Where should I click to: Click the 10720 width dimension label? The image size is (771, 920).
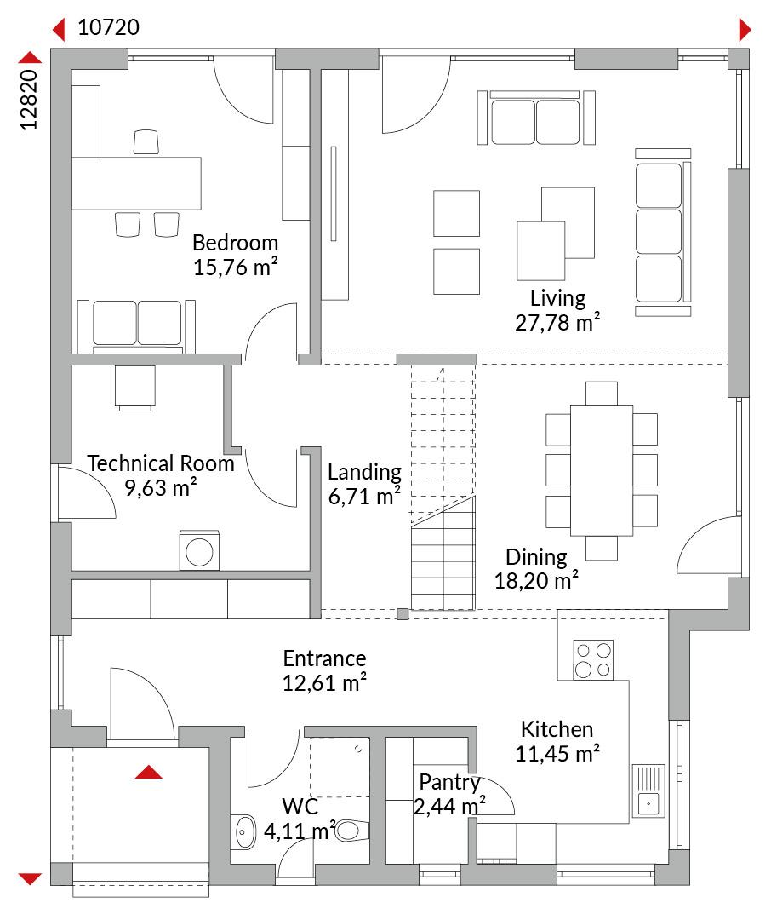108,27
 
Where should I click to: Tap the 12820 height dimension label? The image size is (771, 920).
29,100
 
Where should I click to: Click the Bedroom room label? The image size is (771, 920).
235,242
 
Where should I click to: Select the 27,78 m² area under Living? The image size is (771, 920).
557,322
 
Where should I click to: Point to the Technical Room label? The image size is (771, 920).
161,463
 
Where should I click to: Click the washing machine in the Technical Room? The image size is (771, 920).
199,550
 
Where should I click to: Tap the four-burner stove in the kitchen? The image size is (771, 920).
593,659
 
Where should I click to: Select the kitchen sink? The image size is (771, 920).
648,791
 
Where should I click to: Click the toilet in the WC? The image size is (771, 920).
351,831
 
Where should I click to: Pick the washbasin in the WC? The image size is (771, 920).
243,832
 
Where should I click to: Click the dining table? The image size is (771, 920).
602,470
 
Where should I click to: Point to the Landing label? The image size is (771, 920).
364,471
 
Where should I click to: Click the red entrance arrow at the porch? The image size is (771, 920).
148,772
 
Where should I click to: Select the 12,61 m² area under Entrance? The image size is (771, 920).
324,682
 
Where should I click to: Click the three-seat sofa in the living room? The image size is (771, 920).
663,233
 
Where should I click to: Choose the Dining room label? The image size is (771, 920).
536,556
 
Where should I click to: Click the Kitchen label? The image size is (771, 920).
557,728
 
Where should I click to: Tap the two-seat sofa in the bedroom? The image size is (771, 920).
137,326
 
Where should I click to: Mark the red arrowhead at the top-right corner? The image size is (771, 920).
745,29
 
